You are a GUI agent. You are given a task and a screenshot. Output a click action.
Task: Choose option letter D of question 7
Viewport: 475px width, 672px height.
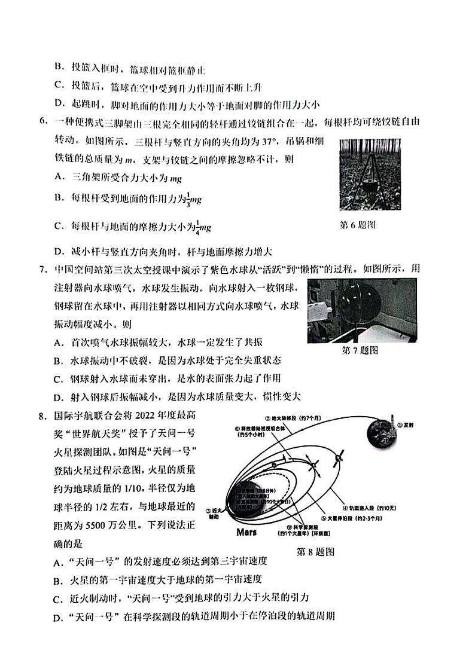coord(58,396)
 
